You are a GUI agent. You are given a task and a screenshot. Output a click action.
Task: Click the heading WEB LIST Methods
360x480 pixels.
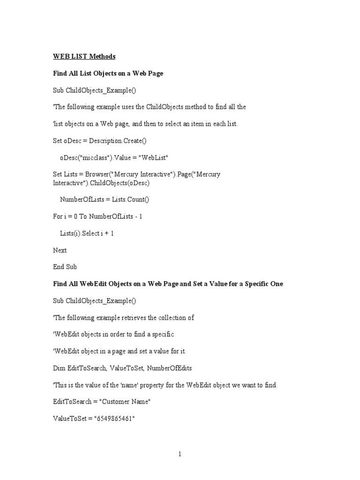[84, 57]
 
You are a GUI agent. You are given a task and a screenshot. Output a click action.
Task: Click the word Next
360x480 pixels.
[60, 250]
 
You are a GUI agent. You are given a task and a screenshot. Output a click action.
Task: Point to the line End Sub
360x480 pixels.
[65, 267]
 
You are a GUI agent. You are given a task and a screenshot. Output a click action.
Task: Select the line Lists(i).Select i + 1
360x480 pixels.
[87, 233]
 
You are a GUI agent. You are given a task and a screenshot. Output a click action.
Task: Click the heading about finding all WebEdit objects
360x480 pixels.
[168, 284]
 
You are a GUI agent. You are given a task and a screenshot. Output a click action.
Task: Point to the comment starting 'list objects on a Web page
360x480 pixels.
[145, 124]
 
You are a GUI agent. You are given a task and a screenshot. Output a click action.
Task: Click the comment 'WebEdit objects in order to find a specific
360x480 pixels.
[113, 335]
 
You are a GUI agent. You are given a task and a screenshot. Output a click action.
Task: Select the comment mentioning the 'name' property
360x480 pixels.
[165, 385]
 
